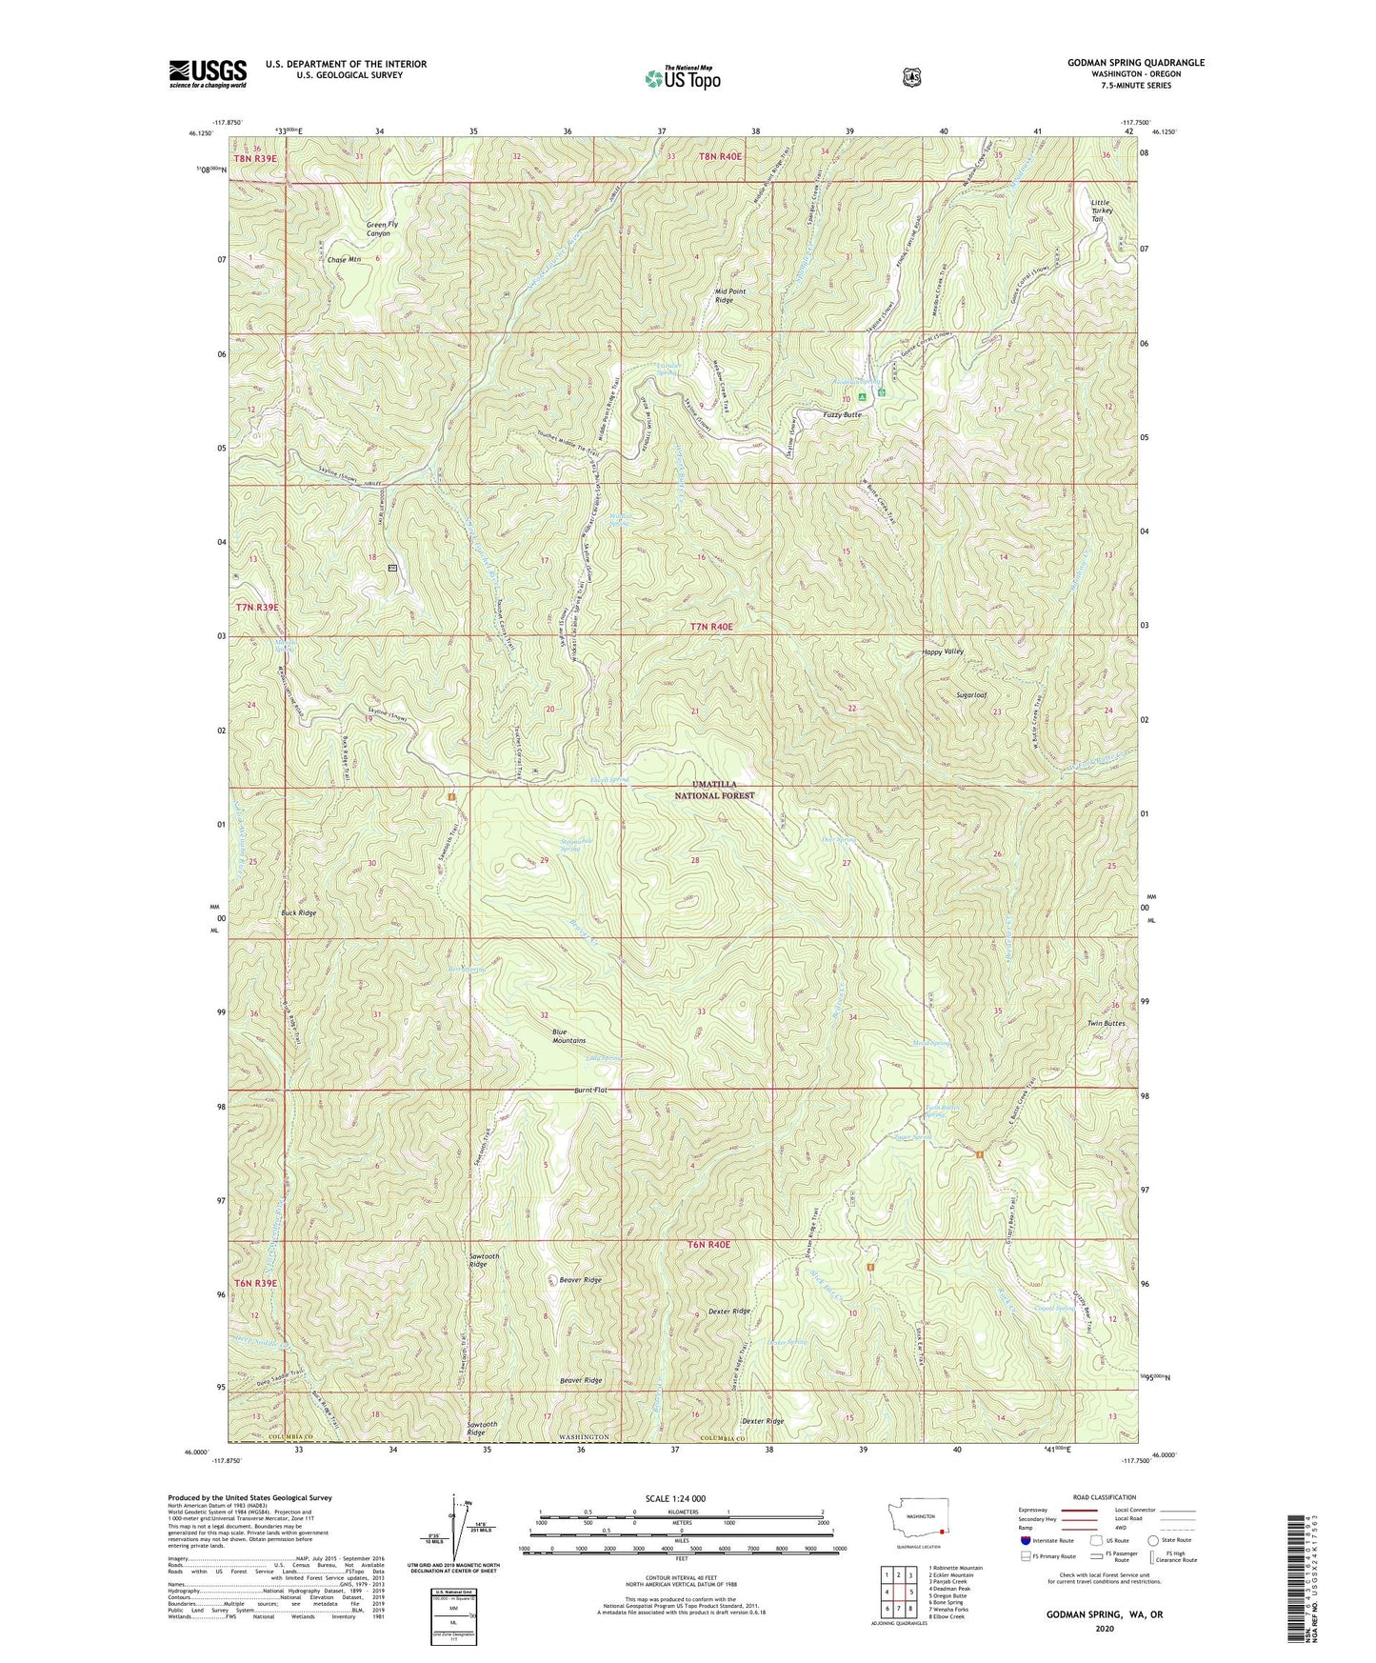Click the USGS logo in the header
(208, 73)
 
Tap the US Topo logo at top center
(682, 78)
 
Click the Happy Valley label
(943, 651)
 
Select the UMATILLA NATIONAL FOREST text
(714, 789)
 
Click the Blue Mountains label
(568, 1036)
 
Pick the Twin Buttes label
(1106, 1023)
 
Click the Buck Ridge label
(298, 912)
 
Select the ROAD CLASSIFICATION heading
(1106, 1498)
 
